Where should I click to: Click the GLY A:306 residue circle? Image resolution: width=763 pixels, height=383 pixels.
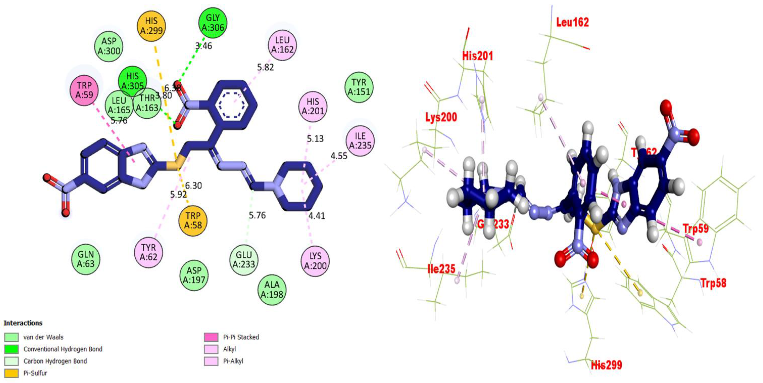pyautogui.click(x=213, y=23)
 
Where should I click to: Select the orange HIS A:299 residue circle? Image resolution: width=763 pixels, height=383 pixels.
pyautogui.click(x=151, y=26)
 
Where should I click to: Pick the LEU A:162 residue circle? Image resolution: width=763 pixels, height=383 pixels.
pyautogui.click(x=282, y=45)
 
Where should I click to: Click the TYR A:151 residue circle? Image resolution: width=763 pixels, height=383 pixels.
pyautogui.click(x=359, y=87)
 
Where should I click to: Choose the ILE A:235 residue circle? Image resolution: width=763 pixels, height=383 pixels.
pyautogui.click(x=360, y=141)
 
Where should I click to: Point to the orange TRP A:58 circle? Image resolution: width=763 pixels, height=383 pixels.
pyautogui.click(x=193, y=220)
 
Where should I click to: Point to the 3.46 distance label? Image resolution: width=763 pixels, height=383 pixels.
pyautogui.click(x=204, y=46)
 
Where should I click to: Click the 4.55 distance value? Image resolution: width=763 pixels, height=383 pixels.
pyautogui.click(x=339, y=156)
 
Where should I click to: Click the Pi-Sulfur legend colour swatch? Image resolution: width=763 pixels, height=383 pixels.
pyautogui.click(x=11, y=373)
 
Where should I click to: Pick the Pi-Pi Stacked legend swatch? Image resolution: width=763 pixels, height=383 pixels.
pyautogui.click(x=211, y=337)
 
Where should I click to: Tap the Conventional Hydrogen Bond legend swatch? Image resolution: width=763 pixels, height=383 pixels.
pyautogui.click(x=11, y=349)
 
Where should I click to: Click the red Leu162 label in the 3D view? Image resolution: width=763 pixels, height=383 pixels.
pyautogui.click(x=572, y=22)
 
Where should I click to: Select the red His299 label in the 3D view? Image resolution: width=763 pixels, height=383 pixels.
pyautogui.click(x=606, y=365)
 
